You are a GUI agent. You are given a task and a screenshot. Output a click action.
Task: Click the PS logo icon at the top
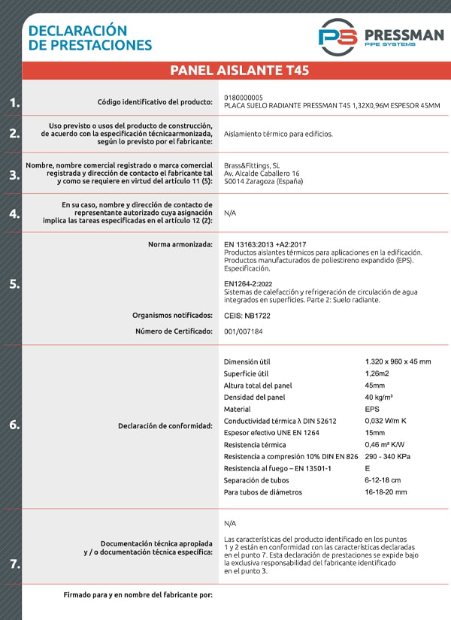click(337, 36)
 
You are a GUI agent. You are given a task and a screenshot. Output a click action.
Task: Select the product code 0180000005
click(244, 98)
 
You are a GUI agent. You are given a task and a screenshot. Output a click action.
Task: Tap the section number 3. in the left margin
click(14, 174)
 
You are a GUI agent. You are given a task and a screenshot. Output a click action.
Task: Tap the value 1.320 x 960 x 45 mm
click(398, 361)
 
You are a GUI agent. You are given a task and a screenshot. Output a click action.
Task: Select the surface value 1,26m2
click(378, 374)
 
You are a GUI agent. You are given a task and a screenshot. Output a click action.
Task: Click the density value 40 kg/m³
click(379, 397)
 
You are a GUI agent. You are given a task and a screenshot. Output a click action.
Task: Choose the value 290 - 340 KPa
click(387, 456)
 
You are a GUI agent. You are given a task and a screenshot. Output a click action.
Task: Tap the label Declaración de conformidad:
click(165, 426)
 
